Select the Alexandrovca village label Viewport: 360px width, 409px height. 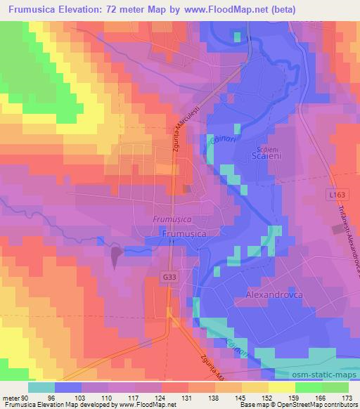(x=274, y=295)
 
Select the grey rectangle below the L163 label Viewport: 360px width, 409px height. (x=337, y=229)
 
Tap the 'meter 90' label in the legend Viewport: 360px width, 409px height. (x=14, y=396)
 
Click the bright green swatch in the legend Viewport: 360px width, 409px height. (x=307, y=387)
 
